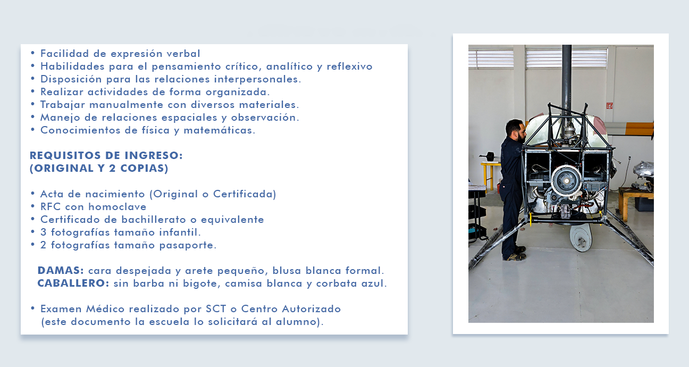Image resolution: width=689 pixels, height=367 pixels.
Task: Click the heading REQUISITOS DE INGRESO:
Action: coord(106,155)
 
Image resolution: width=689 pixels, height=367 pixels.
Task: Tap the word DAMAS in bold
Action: coord(60,270)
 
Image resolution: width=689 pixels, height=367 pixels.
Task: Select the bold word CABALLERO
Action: coord(72,283)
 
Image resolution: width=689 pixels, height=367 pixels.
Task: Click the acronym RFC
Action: coord(51,206)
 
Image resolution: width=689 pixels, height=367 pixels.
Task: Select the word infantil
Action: coord(179,232)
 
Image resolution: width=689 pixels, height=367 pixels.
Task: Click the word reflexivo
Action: coord(349,66)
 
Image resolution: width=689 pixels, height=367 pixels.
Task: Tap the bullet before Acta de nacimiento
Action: coord(33,194)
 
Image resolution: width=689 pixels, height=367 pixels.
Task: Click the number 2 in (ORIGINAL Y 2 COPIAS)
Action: coord(112,168)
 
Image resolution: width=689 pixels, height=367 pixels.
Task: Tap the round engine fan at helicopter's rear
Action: coord(566,181)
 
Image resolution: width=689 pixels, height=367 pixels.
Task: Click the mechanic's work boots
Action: coord(516,254)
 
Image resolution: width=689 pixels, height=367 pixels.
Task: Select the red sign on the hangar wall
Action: coord(609,106)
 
